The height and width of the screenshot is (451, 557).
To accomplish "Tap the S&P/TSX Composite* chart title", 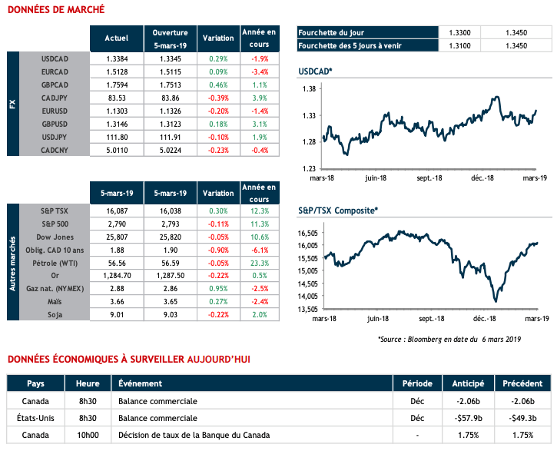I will tap(337, 209).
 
